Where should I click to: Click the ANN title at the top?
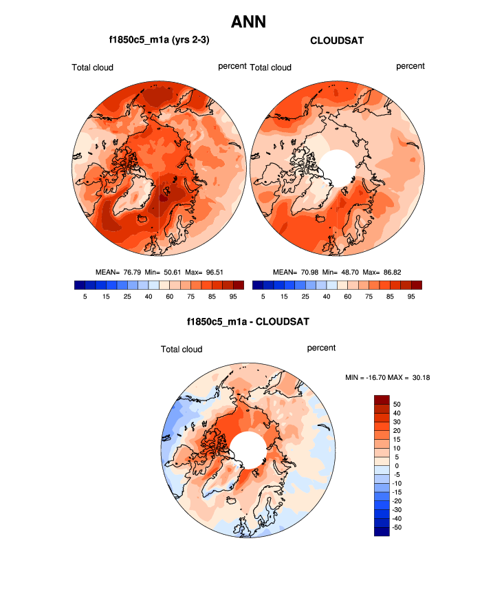(248, 22)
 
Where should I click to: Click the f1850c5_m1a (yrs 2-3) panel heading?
(159, 41)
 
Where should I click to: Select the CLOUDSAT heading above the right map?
(337, 41)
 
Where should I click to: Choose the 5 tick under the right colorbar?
(263, 297)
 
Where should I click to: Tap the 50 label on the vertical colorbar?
(397, 404)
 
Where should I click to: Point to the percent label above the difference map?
(321, 348)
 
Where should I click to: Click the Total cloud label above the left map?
(92, 67)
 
